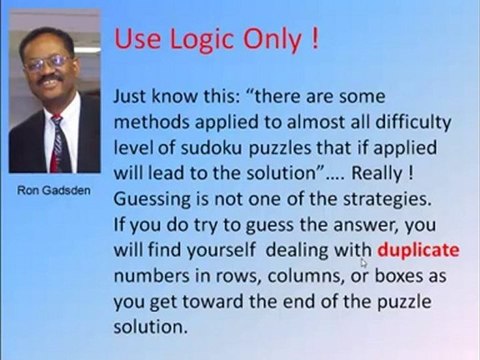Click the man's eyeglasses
point(46,62)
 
